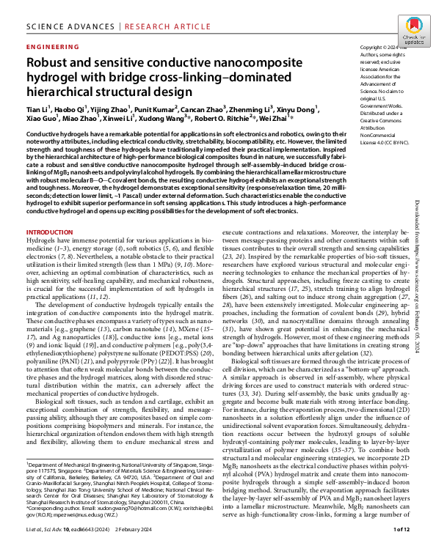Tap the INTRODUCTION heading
coord(51,211)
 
